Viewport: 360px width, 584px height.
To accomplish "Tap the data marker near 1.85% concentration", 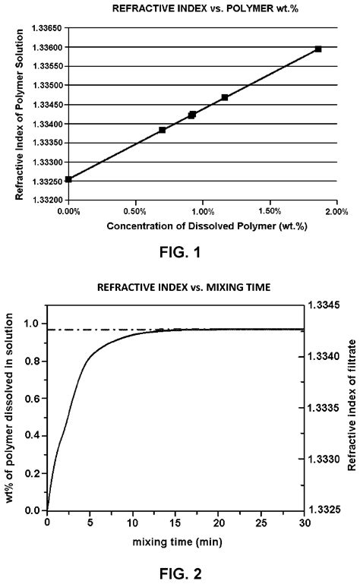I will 317,49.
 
